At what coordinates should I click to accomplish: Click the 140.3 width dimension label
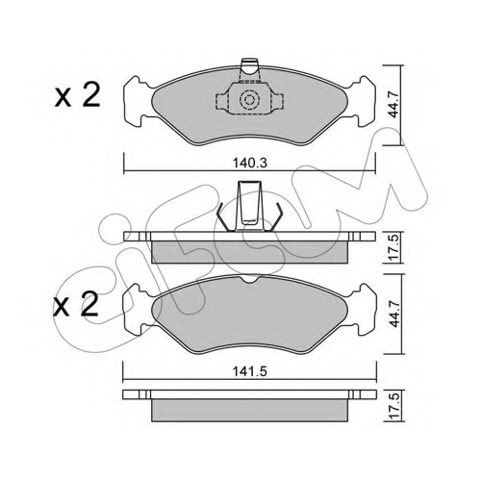tap(250, 164)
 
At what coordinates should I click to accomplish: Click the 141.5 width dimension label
tap(250, 371)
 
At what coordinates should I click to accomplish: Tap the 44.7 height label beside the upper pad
tap(393, 104)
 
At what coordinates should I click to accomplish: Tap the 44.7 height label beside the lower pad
tap(393, 314)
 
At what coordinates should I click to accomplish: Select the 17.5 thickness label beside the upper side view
tap(393, 247)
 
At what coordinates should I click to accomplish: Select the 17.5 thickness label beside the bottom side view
tap(393, 405)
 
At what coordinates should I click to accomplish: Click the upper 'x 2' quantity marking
tap(77, 95)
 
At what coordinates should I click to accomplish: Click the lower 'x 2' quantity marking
tap(76, 304)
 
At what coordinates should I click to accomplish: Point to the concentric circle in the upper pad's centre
tap(249, 101)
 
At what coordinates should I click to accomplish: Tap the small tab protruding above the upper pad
tap(249, 69)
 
